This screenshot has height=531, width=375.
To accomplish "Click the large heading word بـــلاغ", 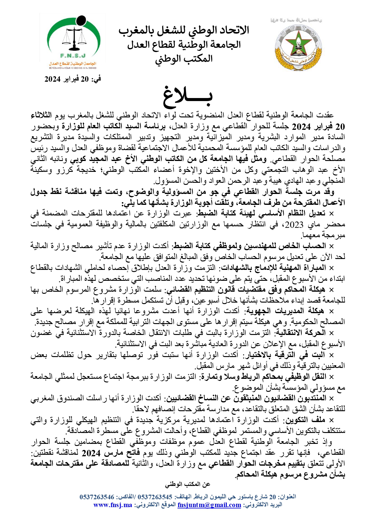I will (188, 96).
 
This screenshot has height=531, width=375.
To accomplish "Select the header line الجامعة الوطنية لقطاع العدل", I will (184, 45).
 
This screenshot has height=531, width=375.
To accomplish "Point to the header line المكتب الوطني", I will (184, 59).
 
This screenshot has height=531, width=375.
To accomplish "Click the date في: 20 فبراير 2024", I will (73, 79).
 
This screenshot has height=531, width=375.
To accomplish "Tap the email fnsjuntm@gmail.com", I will (209, 505).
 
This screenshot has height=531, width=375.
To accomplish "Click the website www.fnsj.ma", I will (113, 505).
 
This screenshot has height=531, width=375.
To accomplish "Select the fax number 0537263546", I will (97, 497).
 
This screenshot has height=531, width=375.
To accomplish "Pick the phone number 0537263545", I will (155, 497).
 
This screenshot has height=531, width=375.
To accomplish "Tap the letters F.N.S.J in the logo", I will (73, 56).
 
